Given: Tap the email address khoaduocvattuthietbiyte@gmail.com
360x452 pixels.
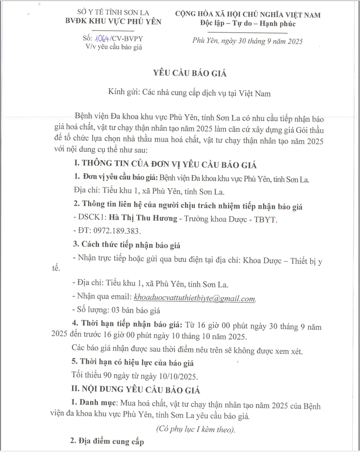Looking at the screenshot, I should click(194, 299).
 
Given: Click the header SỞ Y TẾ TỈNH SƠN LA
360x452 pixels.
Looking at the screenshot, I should click(113, 12).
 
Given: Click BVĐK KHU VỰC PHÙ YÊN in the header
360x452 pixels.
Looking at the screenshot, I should click(113, 21).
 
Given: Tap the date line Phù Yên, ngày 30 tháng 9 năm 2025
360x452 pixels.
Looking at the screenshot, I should click(247, 42).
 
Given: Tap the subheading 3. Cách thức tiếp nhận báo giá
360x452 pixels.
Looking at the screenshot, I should click(127, 244).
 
